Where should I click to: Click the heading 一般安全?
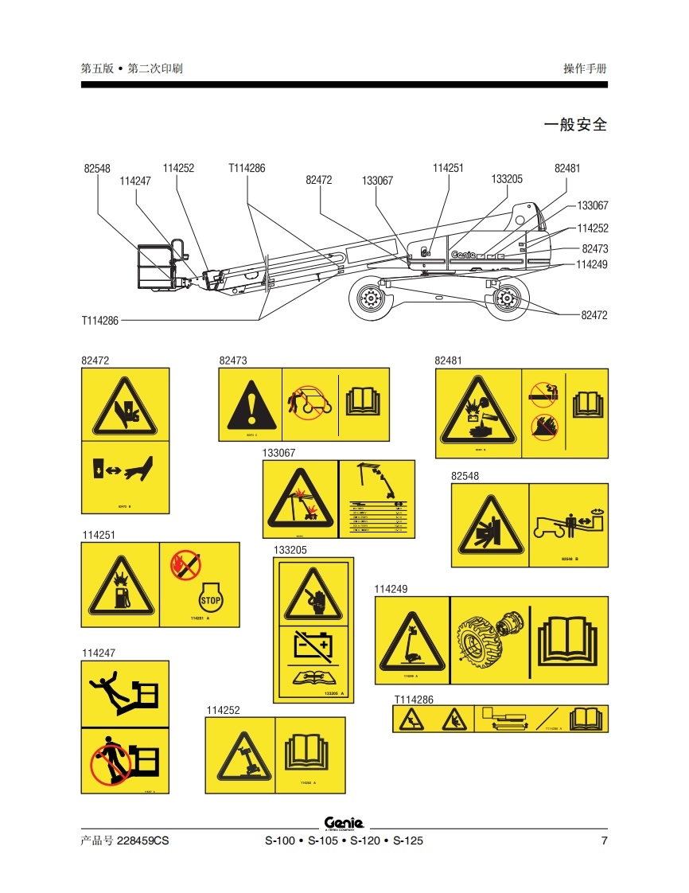[574, 125]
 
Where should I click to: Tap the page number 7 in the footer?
[604, 841]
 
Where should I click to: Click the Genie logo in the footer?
[344, 824]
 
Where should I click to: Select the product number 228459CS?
[143, 841]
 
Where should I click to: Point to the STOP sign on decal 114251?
[209, 600]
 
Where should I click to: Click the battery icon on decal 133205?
[312, 644]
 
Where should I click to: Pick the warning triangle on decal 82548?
[489, 525]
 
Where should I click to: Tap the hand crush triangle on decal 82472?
[125, 408]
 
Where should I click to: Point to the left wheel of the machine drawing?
[368, 300]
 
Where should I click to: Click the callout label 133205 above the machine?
[507, 179]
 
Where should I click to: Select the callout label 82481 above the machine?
[567, 168]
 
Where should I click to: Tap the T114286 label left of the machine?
[99, 321]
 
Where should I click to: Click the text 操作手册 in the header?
[585, 68]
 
